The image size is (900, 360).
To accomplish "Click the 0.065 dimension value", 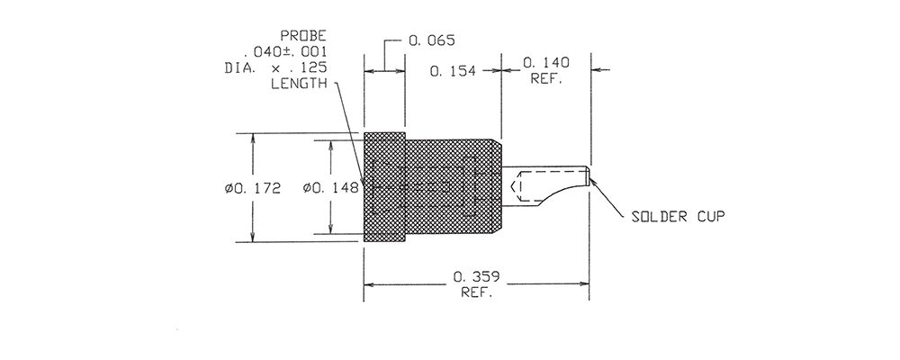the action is click(x=432, y=40).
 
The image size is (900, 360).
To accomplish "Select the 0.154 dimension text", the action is click(x=453, y=71).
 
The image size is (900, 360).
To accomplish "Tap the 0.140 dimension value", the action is click(x=546, y=62).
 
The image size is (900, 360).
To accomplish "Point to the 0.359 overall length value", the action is click(x=476, y=277).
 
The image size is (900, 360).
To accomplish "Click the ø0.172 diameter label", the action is click(x=253, y=188).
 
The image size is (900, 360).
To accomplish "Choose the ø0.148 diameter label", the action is click(x=330, y=187).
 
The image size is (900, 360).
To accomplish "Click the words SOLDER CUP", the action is click(x=678, y=217).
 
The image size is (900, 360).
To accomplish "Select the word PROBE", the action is click(x=303, y=36).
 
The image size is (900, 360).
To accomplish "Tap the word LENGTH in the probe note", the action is click(x=299, y=84).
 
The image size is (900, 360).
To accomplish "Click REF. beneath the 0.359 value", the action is click(x=477, y=292).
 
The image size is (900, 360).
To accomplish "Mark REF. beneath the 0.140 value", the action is click(x=546, y=78).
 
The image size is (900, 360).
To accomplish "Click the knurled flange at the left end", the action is click(x=384, y=187).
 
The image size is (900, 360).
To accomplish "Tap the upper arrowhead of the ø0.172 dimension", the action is click(x=253, y=138).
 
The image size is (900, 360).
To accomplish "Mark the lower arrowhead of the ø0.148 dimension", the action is click(x=330, y=229).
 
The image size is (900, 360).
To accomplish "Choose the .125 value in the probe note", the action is click(x=313, y=67).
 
